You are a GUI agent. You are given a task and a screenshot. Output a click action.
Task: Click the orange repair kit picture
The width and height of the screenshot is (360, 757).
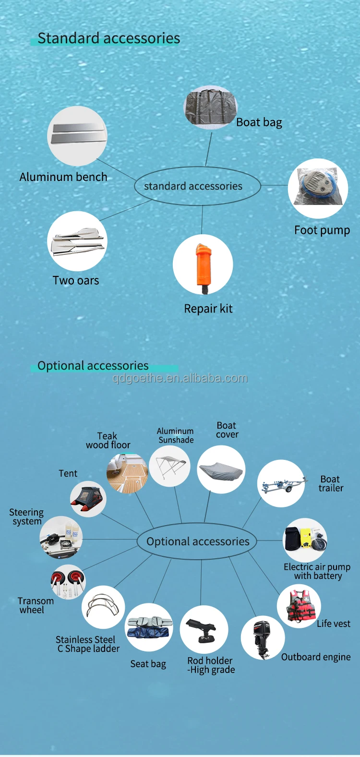tap(203, 265)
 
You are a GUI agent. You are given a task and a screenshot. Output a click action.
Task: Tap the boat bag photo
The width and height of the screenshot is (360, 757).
tap(210, 108)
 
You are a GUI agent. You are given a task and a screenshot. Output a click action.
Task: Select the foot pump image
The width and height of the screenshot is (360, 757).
tap(318, 188)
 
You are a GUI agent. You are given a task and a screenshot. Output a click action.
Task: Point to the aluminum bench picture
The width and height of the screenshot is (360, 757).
tap(77, 136)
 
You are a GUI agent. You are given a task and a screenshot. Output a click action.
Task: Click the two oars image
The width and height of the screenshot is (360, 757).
tap(77, 241)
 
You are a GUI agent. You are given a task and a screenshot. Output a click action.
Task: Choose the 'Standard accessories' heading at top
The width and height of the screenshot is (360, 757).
tap(108, 38)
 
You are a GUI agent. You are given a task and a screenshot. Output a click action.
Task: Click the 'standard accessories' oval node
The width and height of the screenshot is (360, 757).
tap(197, 186)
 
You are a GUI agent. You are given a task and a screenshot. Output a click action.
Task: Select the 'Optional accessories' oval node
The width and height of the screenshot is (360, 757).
tap(197, 541)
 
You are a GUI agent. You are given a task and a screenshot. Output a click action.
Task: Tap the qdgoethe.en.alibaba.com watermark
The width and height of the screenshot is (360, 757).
tap(180, 378)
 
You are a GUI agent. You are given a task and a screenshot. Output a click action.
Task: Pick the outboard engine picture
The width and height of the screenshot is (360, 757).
tap(263, 637)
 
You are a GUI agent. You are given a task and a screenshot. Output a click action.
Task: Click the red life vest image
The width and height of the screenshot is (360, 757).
tap(300, 606)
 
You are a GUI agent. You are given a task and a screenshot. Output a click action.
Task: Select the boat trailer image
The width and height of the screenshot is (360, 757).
tap(281, 483)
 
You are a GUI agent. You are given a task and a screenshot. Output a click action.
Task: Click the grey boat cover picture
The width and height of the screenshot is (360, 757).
tap(221, 469)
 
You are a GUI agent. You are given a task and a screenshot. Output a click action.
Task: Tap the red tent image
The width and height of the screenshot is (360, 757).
tap(88, 499)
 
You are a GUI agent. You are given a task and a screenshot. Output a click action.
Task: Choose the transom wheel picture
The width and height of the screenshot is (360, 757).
tap(68, 582)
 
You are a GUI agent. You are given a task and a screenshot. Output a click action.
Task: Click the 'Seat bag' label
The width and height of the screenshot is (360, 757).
tap(148, 664)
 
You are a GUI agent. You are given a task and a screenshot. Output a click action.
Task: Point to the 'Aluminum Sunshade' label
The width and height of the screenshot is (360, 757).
tap(176, 435)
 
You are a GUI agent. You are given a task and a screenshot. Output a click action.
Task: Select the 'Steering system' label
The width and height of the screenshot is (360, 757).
tap(26, 517)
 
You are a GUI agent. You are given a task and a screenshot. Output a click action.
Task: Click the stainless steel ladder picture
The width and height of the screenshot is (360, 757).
tap(103, 607)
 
